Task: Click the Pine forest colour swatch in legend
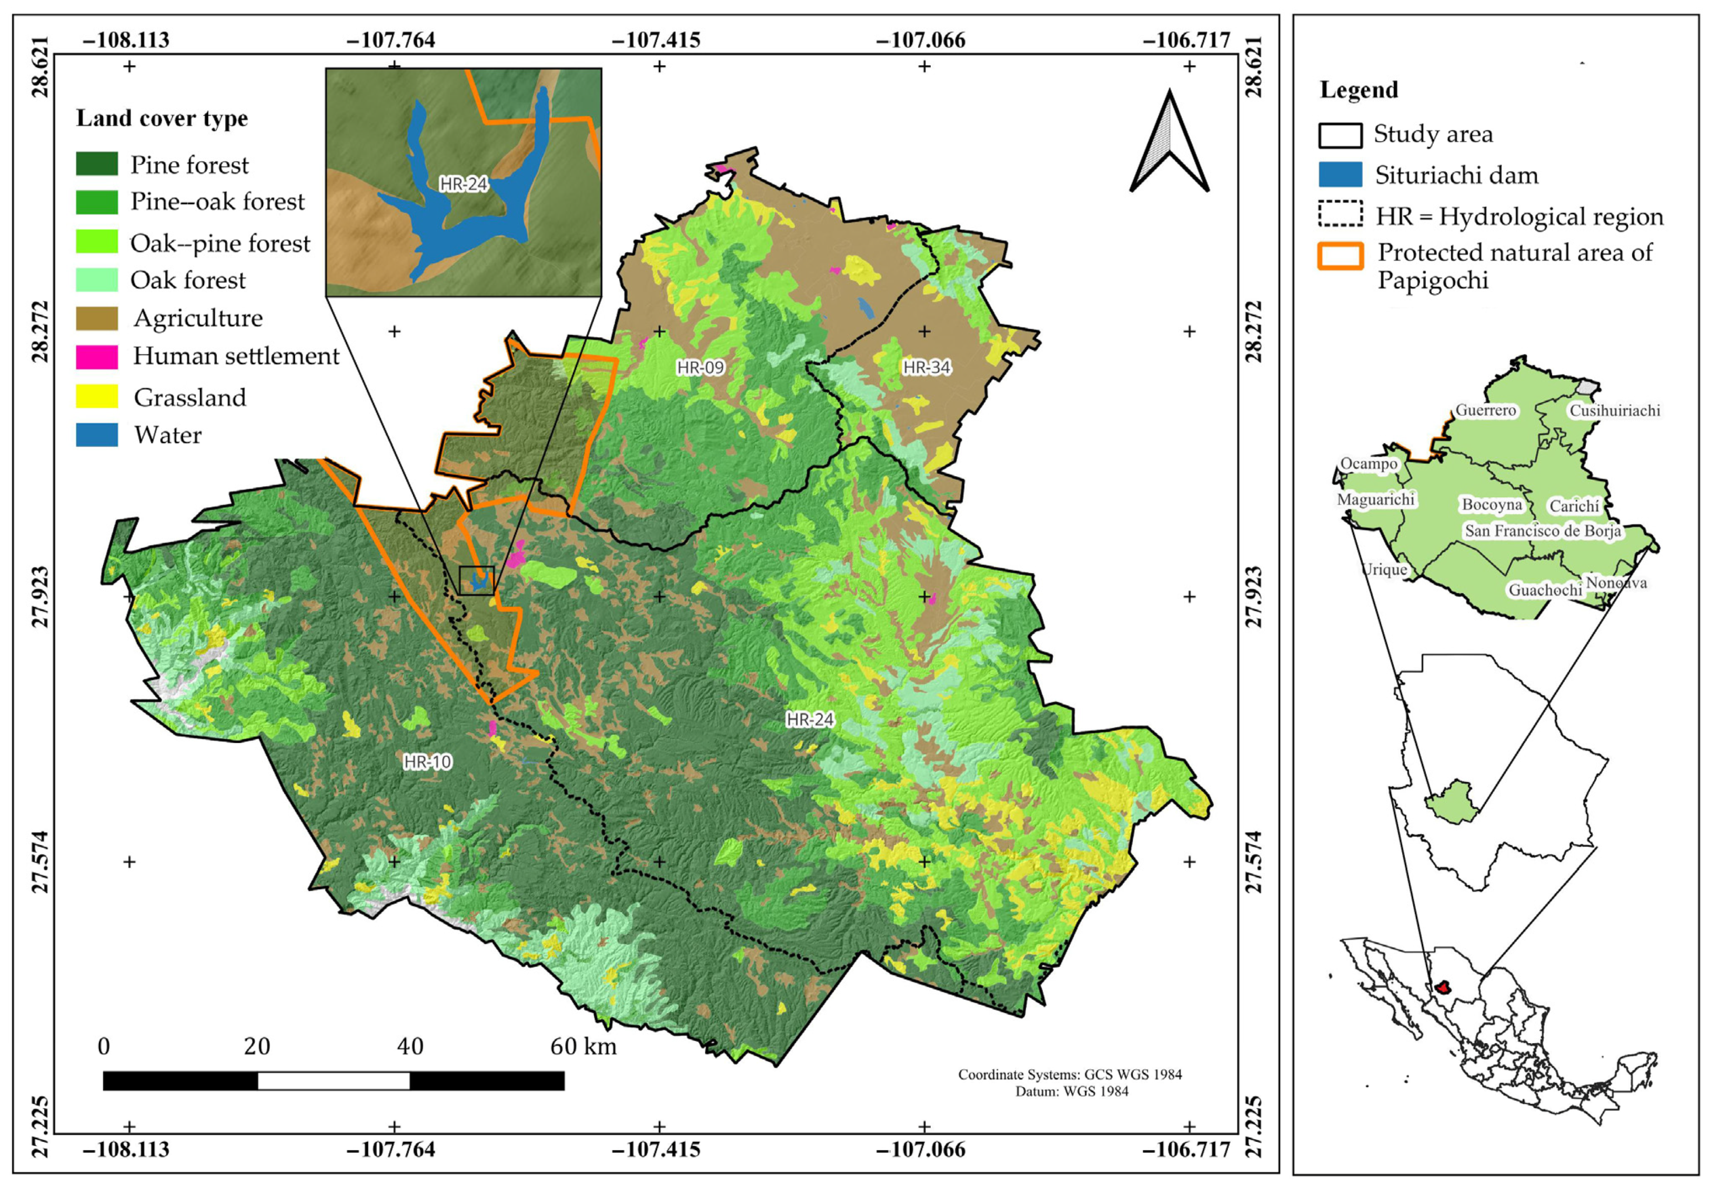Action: (97, 164)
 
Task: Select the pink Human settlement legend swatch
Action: (97, 357)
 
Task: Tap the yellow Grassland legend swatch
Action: (97, 396)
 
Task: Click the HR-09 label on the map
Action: (700, 367)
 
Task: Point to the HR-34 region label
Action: (927, 367)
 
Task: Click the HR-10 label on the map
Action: (427, 761)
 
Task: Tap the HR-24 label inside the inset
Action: (463, 184)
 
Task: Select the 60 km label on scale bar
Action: (583, 1046)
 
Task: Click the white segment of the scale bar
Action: (334, 1081)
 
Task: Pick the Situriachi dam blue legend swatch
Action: (1340, 175)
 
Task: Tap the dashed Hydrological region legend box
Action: (1340, 214)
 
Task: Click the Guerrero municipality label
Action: (1485, 410)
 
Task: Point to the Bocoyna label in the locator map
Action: (1491, 505)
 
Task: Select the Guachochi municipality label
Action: (1545, 590)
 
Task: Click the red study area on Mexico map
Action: (1443, 988)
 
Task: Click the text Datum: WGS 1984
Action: (1071, 1091)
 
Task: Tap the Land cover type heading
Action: (162, 118)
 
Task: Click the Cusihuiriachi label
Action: (1614, 410)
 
